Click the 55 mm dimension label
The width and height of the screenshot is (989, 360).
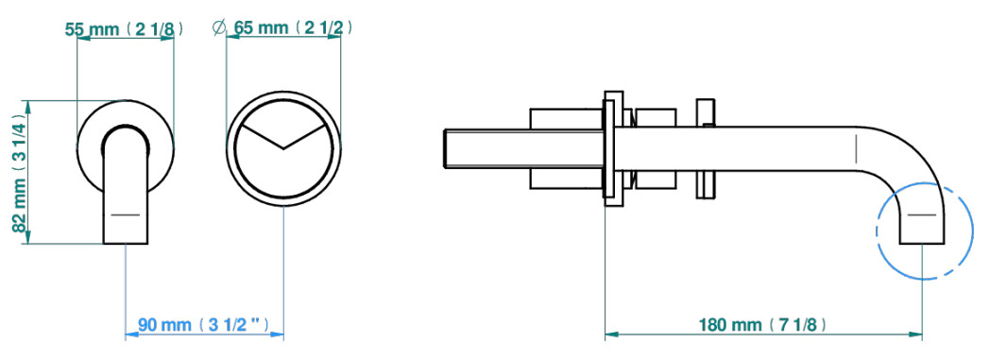tap(125, 29)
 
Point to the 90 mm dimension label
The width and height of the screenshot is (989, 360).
tap(204, 325)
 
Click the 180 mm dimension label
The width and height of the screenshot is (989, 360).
tap(762, 325)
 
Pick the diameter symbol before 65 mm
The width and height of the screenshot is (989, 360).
tap(219, 28)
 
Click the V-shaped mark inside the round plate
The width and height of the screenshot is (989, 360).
tap(283, 136)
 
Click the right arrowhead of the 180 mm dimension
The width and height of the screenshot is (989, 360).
tap(915, 334)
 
